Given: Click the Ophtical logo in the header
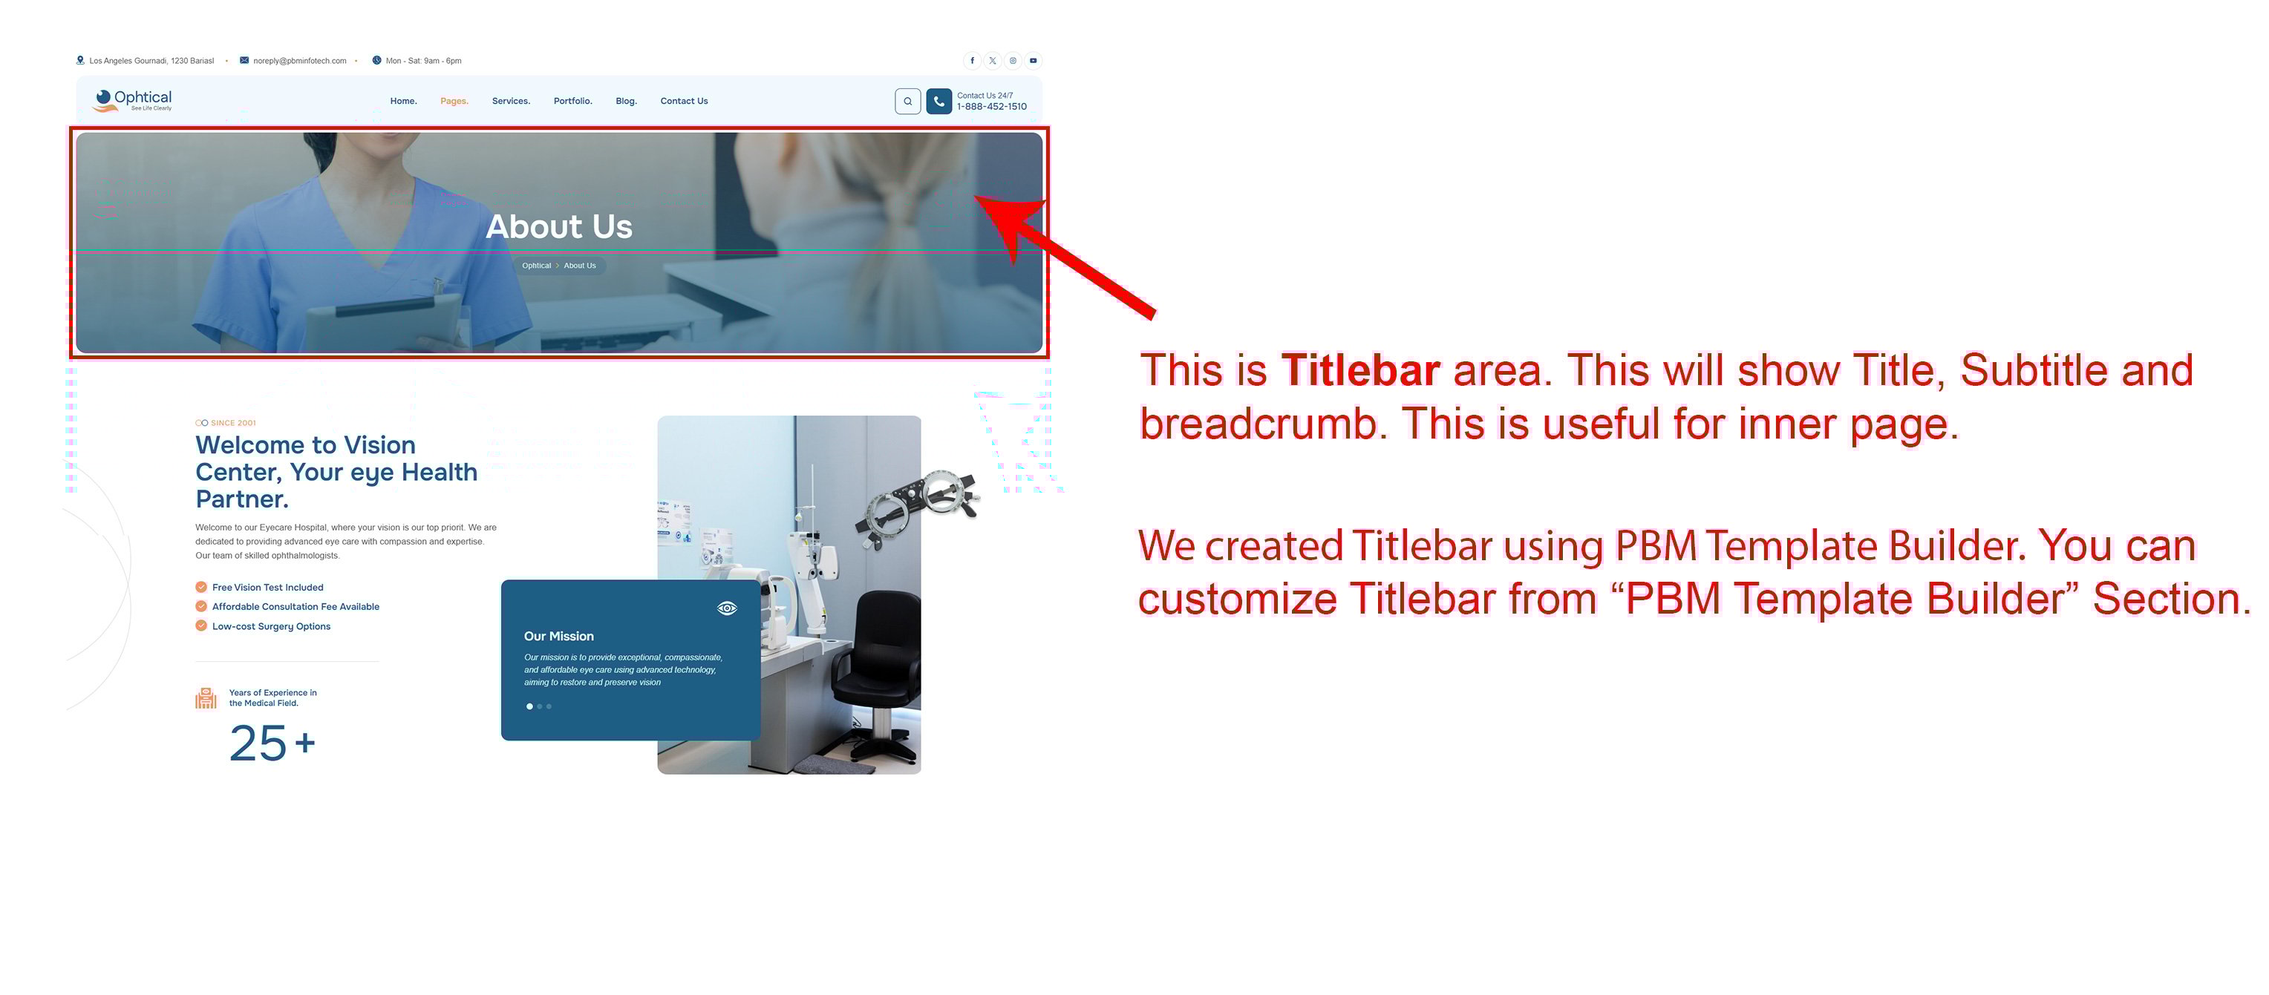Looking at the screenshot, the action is coord(132,100).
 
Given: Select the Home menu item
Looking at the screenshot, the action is coord(403,101).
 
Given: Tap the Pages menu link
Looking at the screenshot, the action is coord(454,101).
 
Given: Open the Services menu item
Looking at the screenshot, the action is coord(511,101).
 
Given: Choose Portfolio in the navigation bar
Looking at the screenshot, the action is coord(572,101).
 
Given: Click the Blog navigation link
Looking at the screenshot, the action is coord(626,101).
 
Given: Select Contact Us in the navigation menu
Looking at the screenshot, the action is coord(685,101).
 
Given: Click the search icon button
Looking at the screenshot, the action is coord(908,101).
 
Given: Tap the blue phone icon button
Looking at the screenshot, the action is coord(939,101).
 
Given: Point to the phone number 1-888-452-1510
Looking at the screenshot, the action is coord(992,107).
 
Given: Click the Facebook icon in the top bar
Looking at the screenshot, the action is coord(973,61).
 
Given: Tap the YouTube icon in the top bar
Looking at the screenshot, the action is coord(1034,61).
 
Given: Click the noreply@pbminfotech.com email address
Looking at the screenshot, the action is coord(299,61).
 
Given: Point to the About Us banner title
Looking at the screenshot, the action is coord(559,226).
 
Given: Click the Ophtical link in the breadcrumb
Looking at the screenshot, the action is coord(536,266).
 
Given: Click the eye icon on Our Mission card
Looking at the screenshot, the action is coord(727,608).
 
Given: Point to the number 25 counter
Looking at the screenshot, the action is coord(258,743).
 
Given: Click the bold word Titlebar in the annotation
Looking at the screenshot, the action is coord(1361,370).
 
